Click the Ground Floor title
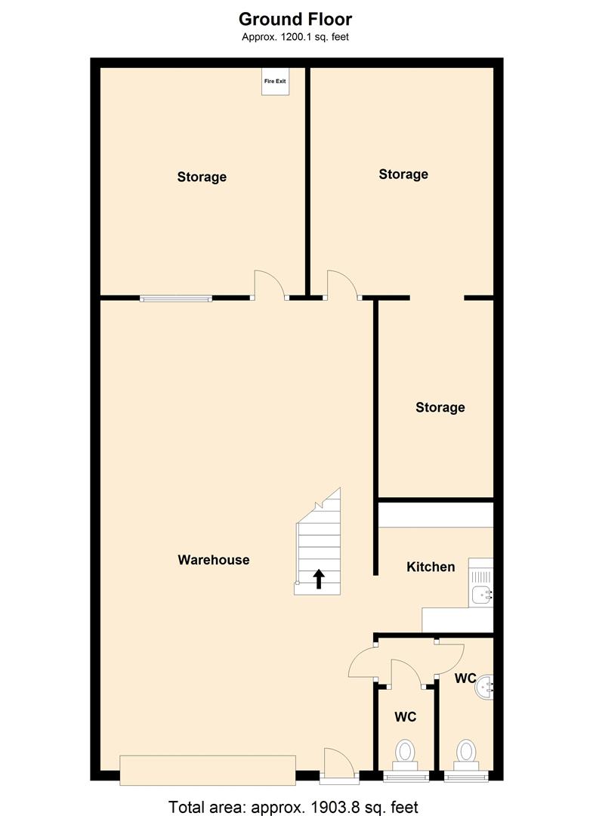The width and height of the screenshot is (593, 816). (295, 19)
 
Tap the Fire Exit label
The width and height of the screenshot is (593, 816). (275, 81)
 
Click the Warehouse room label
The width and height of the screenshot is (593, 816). (213, 560)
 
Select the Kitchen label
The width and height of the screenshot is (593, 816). (431, 567)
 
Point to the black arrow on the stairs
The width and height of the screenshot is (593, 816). (319, 579)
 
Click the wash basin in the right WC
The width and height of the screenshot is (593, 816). (484, 688)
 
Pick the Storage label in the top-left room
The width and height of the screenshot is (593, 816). (202, 177)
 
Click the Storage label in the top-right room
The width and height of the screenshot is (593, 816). (403, 175)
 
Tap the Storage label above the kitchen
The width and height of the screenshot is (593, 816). (440, 407)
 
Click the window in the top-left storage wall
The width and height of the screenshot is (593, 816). (176, 298)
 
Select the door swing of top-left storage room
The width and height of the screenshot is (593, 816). (270, 283)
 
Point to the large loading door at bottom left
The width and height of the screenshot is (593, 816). (208, 770)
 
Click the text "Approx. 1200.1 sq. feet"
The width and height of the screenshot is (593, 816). (295, 37)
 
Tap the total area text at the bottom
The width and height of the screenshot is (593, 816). (293, 807)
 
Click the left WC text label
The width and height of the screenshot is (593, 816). (405, 717)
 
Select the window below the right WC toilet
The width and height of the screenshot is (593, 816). (466, 777)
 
